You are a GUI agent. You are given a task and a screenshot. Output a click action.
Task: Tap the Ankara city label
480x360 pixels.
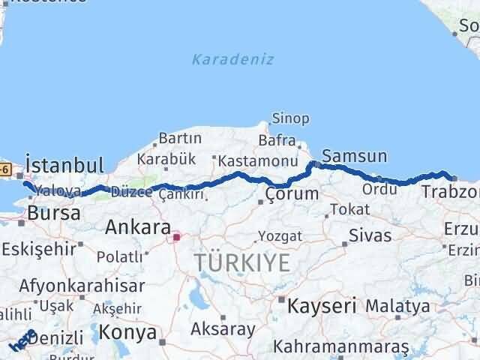[137, 226]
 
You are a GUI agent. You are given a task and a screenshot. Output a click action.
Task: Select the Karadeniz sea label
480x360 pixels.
[232, 59]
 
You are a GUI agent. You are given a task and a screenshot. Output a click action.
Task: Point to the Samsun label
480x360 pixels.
[354, 157]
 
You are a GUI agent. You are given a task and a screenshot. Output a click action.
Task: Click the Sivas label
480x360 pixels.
[370, 235]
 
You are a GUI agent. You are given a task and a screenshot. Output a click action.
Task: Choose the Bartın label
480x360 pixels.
[180, 138]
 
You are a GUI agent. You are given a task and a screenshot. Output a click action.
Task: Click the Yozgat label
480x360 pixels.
[280, 236]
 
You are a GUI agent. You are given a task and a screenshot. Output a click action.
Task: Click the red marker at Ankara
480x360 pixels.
[177, 238]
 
